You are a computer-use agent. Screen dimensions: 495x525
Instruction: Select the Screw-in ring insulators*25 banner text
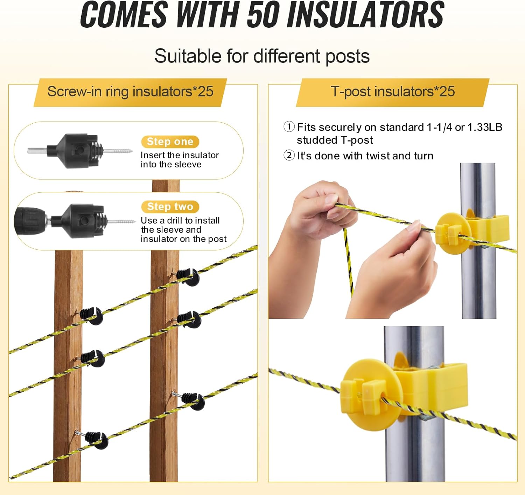click(x=130, y=92)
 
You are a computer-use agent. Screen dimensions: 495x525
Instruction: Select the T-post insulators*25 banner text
click(x=393, y=92)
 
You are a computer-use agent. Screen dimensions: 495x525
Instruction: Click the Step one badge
click(x=170, y=142)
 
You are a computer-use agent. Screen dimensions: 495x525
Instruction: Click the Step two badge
click(x=170, y=207)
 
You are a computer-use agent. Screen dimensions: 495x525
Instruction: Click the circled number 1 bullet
click(x=289, y=127)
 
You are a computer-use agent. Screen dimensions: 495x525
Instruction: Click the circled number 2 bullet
click(x=289, y=155)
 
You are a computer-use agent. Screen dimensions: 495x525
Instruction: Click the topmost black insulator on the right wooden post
click(x=189, y=276)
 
